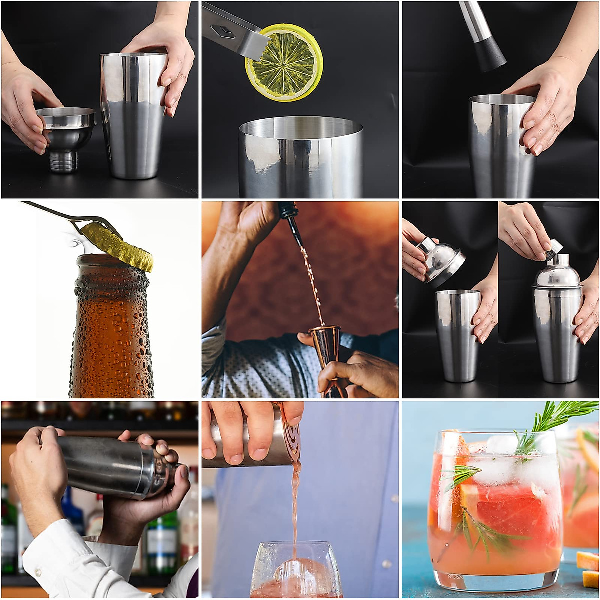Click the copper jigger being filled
coord(327,350)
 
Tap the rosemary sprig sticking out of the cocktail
coord(560,420)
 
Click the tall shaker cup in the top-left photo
coord(134,115)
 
